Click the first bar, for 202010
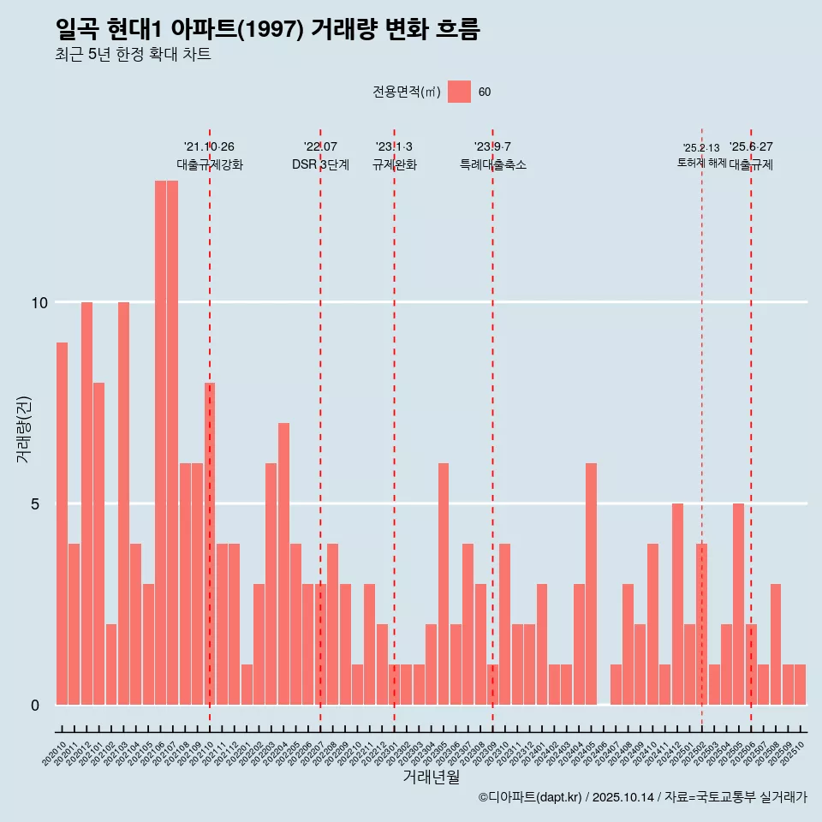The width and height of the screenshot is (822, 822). pos(62,523)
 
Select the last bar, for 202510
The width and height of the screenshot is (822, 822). pos(800,684)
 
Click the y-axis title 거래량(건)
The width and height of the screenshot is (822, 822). pos(23,429)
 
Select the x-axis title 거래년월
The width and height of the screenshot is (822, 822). pos(431,777)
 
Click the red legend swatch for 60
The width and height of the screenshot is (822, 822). pos(459,92)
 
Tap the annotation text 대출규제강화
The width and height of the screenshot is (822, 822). pos(210,164)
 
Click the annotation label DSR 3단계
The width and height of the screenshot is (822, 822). pos(320,164)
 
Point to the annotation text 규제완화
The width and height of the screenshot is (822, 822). pos(394,164)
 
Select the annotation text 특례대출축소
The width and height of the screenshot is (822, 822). pos(492,164)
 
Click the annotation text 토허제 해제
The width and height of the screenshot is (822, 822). pos(701,163)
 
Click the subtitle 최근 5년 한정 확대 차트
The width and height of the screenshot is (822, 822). pos(132,55)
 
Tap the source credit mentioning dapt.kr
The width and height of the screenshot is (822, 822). pos(642,797)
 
